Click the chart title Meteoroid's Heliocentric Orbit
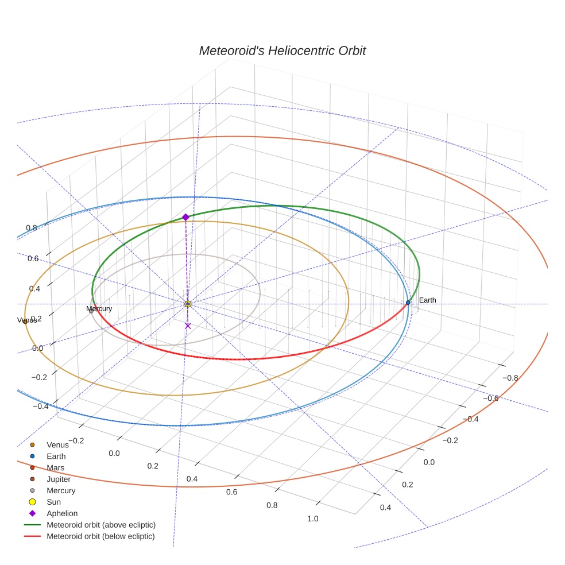tap(282, 51)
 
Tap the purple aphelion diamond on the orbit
tap(185, 217)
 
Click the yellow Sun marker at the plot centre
tap(188, 303)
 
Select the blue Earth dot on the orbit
tap(408, 303)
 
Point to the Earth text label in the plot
tap(427, 300)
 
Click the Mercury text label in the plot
tap(99, 309)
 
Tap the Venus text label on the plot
tap(27, 320)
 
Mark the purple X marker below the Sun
tap(188, 326)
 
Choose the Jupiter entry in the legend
tap(59, 479)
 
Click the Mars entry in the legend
tap(55, 467)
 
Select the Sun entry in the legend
tap(53, 502)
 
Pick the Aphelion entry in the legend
tap(62, 513)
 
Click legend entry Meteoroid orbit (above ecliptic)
tap(101, 525)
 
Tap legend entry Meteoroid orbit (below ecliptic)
tap(100, 536)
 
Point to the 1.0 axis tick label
tap(313, 519)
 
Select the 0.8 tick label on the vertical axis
tap(32, 228)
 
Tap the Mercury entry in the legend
tap(61, 490)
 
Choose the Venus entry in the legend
tap(57, 444)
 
